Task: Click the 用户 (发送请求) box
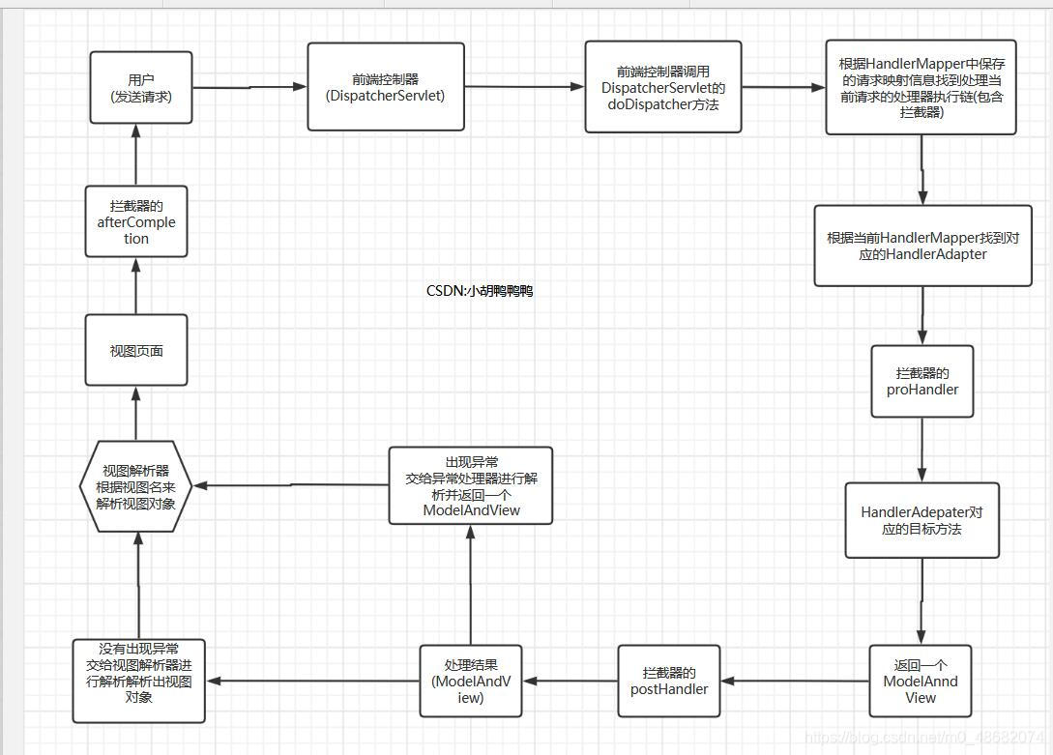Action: pos(141,87)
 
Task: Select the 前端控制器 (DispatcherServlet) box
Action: pos(386,87)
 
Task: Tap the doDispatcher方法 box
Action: pos(663,87)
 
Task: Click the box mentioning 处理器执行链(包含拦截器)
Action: pos(921,87)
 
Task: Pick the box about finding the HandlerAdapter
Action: pos(922,246)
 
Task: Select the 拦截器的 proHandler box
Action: pos(922,381)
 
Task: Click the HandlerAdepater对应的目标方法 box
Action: pos(922,520)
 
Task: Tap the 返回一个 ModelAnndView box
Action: pos(921,682)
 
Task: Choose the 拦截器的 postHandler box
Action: pos(669,682)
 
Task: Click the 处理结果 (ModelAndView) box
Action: pos(471,682)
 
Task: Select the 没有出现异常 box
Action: pos(139,681)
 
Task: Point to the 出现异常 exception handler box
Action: pos(471,485)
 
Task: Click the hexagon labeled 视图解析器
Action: pos(137,486)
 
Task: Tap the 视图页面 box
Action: pos(136,351)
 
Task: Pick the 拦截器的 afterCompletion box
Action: pos(136,222)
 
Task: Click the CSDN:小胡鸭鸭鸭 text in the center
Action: pos(480,291)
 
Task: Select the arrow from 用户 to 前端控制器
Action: pos(249,87)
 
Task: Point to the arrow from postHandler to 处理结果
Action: pos(570,682)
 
